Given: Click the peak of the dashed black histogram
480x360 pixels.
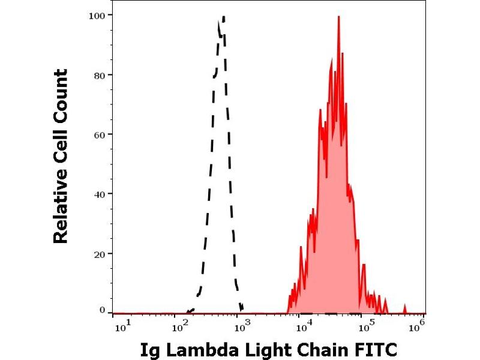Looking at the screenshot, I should pos(223,18).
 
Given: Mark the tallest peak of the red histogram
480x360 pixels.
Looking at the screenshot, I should pos(339,17).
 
